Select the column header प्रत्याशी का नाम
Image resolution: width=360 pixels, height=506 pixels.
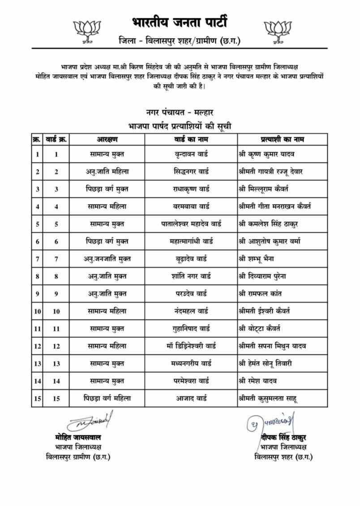tap(282, 139)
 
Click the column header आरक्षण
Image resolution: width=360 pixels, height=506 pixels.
tap(107, 139)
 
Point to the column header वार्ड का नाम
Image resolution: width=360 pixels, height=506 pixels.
tap(191, 139)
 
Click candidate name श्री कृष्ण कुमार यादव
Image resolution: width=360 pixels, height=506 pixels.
tap(266, 154)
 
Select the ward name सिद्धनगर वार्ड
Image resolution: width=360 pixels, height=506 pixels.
tap(191, 172)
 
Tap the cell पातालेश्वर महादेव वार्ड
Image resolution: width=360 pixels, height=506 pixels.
tap(191, 224)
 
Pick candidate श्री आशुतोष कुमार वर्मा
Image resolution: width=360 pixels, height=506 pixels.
tap(269, 242)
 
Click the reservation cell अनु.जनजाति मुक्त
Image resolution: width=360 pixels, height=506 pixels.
tap(107, 259)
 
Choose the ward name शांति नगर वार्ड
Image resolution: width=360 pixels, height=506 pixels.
tap(191, 276)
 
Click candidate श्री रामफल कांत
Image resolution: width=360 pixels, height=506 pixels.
tap(260, 294)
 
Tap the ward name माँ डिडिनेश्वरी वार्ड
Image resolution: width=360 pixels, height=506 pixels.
tap(191, 346)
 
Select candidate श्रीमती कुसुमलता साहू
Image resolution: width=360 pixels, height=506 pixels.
tap(268, 398)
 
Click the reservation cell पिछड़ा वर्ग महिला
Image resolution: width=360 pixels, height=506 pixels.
tap(107, 398)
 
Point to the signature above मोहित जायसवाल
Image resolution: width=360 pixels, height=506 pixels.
tap(90, 421)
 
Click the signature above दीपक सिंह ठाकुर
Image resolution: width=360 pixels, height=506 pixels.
tap(271, 421)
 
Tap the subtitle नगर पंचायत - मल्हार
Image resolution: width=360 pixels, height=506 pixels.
tap(180, 112)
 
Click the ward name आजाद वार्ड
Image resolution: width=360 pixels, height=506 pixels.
tap(191, 398)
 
